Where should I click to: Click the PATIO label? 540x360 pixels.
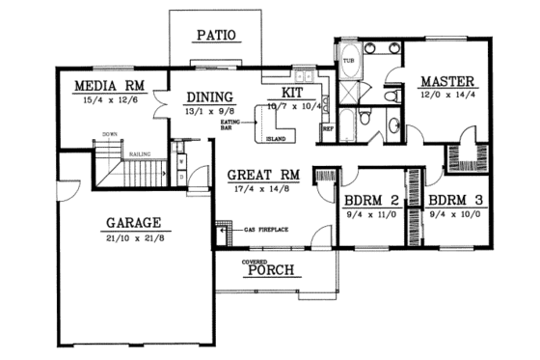(217, 37)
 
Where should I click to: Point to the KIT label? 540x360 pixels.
(293, 92)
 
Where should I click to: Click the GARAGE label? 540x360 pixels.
(134, 221)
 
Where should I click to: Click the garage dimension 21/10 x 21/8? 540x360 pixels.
(134, 236)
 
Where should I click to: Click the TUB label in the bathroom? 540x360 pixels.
(348, 62)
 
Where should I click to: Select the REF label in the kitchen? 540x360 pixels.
(327, 127)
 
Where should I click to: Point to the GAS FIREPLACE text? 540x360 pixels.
(265, 232)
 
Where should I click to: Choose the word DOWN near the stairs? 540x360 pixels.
(110, 134)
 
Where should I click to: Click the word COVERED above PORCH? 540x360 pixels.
(256, 261)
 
